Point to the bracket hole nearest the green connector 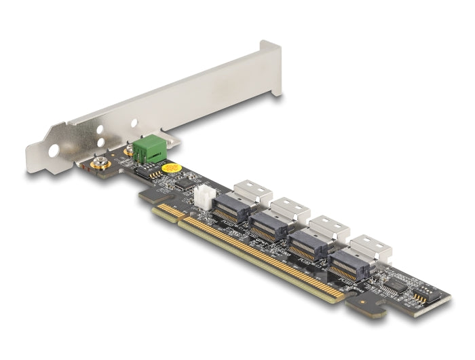pos(134,124)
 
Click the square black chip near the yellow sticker pos(183,183)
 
